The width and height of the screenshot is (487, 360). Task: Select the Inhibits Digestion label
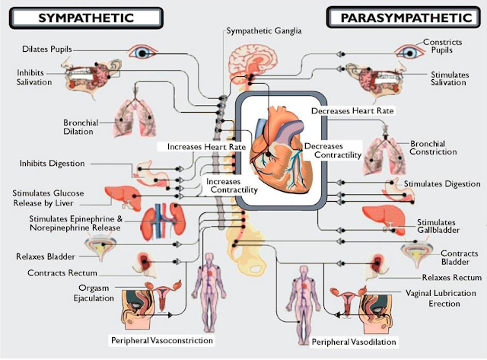pyautogui.click(x=63, y=163)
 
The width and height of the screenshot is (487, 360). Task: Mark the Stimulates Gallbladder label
pyautogui.click(x=441, y=225)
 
